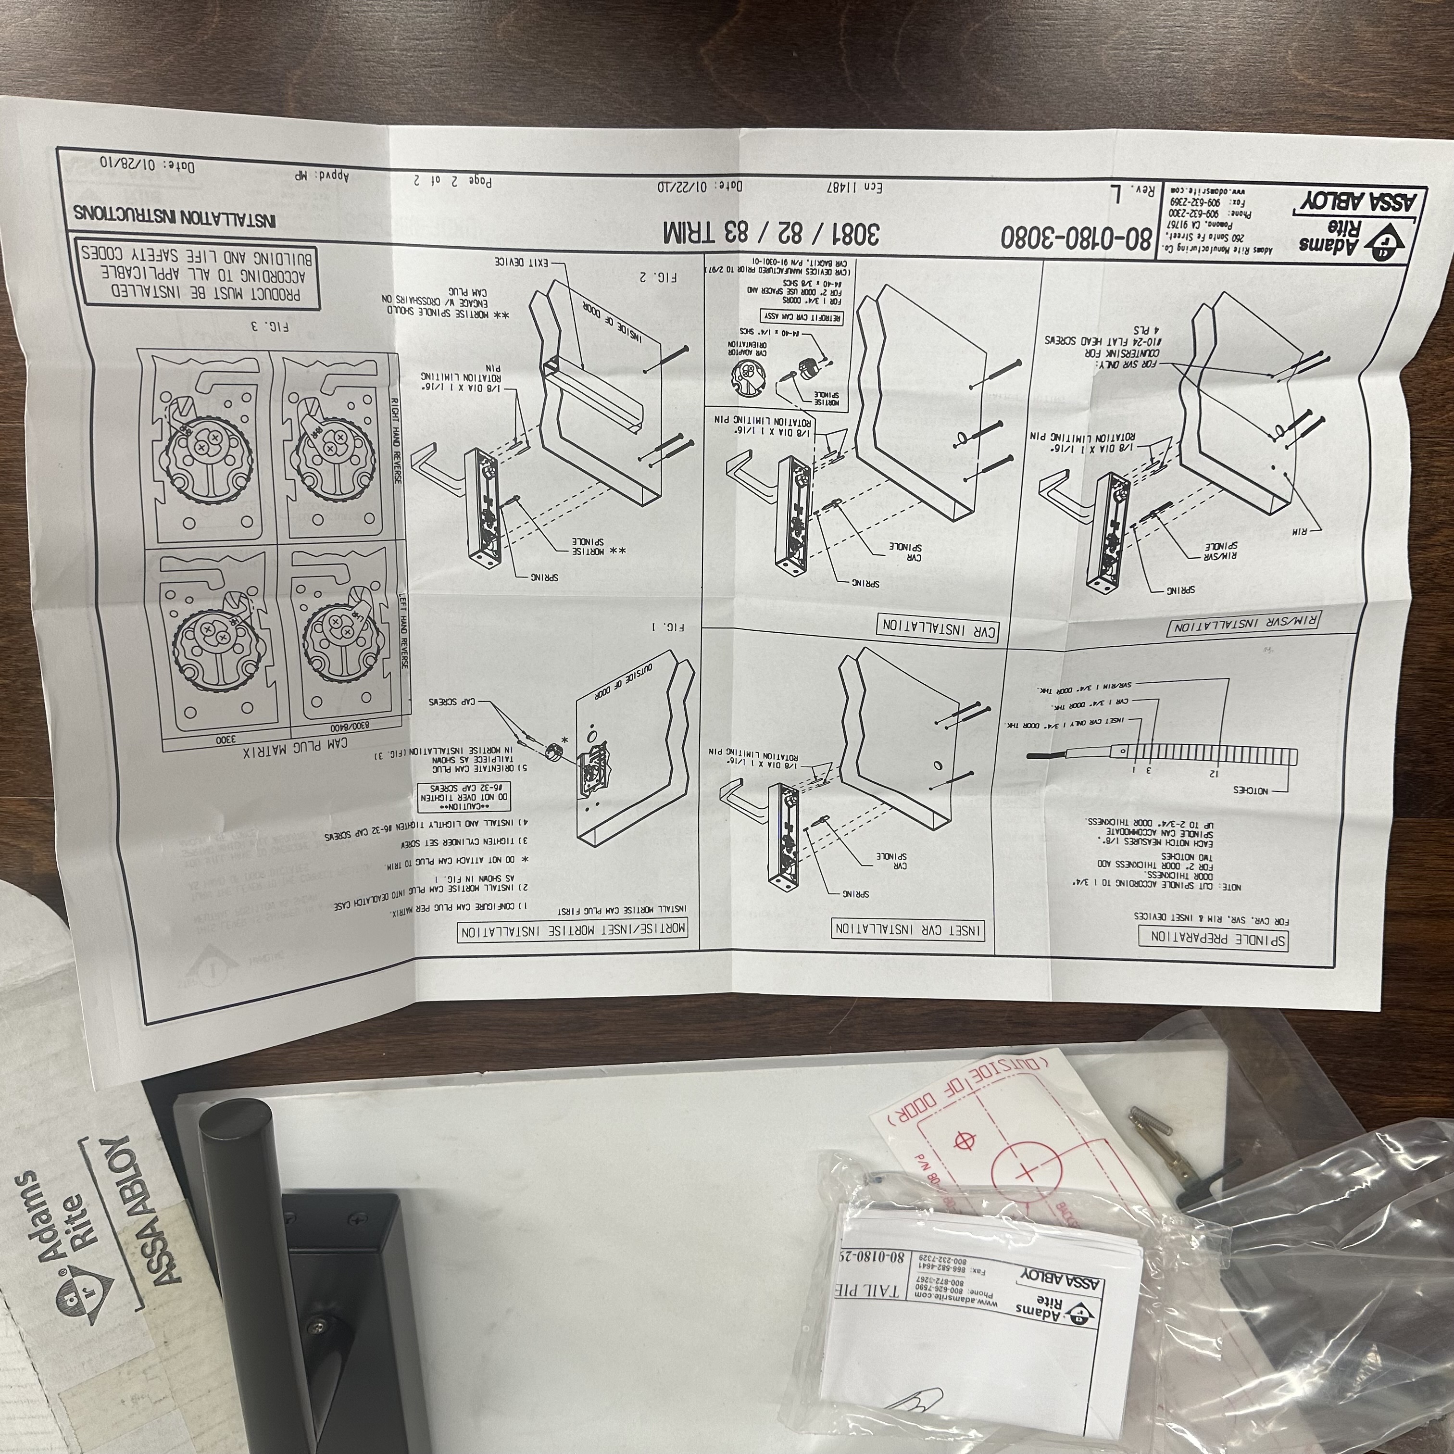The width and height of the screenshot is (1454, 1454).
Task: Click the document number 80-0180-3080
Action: pyautogui.click(x=1076, y=238)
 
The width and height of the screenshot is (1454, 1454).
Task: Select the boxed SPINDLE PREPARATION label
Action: pyautogui.click(x=1213, y=939)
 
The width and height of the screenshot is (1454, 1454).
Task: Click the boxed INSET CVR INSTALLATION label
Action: pyautogui.click(x=908, y=929)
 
